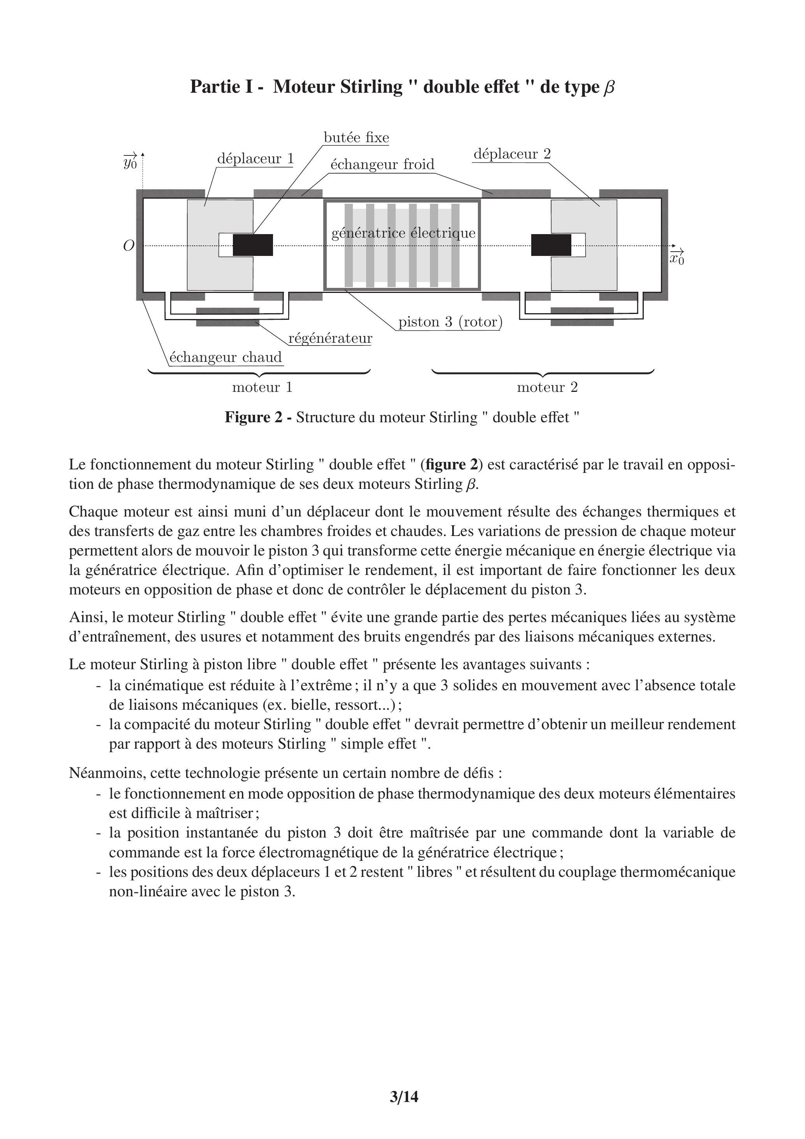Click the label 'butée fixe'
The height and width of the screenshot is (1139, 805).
tap(356, 138)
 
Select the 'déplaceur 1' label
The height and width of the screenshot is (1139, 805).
tap(255, 159)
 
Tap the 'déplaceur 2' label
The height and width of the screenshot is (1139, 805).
tap(512, 154)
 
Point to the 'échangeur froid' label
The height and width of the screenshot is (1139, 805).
tap(382, 164)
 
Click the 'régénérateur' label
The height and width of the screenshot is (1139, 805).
tap(330, 339)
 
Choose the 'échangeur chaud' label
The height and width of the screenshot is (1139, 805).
tap(225, 357)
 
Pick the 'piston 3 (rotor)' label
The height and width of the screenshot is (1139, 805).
tap(450, 322)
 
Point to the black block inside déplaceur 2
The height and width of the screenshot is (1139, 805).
tap(551, 245)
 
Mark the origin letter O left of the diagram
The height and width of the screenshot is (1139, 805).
tap(129, 245)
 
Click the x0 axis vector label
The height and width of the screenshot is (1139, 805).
tap(676, 258)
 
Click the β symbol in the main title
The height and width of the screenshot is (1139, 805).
tap(609, 87)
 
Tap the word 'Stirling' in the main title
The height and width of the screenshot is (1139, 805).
tap(372, 87)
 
